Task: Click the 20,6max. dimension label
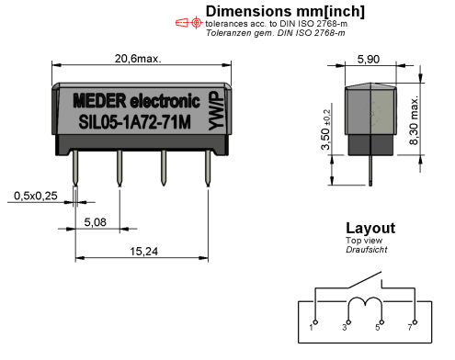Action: click(138, 59)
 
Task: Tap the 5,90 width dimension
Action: click(369, 59)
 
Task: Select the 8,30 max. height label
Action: click(414, 120)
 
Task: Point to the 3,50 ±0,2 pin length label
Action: click(325, 129)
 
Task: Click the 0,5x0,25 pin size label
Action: click(36, 196)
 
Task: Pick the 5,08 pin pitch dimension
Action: click(95, 222)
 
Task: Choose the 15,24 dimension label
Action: click(143, 252)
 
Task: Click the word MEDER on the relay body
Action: click(99, 100)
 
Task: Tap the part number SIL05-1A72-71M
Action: click(135, 122)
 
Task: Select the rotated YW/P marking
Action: click(216, 110)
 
